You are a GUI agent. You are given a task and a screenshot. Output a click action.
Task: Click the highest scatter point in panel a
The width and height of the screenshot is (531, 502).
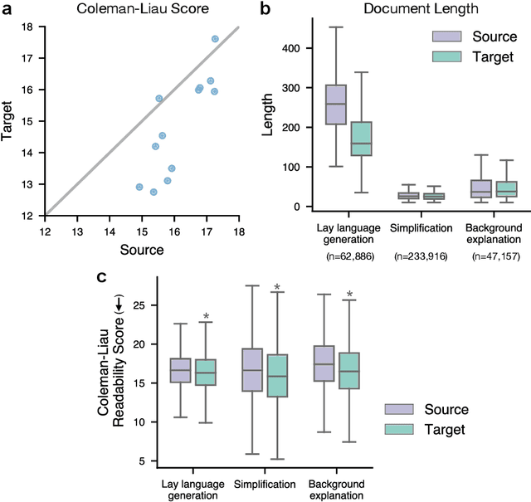pyautogui.click(x=215, y=39)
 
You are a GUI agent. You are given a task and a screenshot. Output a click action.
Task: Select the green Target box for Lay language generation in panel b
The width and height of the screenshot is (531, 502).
pyautogui.click(x=361, y=139)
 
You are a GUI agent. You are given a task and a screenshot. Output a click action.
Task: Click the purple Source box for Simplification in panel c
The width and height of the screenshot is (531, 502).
pyautogui.click(x=252, y=369)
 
